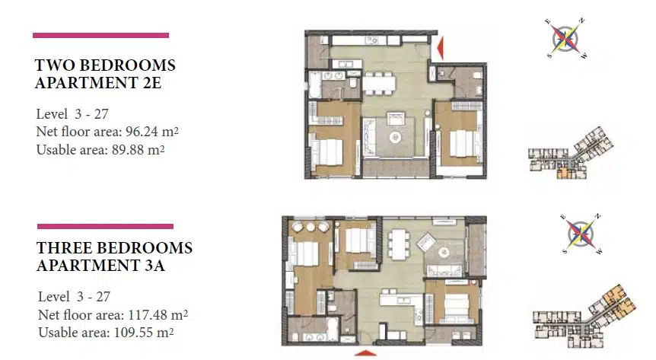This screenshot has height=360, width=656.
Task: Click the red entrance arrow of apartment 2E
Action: pos(440,48)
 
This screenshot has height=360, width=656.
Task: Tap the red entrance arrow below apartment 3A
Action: pos(365,353)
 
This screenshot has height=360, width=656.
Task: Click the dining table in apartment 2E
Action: pos(379,82)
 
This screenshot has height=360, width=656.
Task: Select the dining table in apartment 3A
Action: pos(399,245)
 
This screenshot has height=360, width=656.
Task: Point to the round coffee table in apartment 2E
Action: pos(395,137)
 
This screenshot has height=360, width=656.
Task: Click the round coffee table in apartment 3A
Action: pos(444,253)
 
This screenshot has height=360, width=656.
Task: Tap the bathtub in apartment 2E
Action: pos(315,85)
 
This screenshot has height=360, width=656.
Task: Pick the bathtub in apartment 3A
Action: pos(331,329)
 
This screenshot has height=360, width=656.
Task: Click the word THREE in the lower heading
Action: pos(62,248)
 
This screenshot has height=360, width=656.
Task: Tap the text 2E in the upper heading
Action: pos(152,83)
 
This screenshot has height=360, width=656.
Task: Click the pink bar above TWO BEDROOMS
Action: pos(100,36)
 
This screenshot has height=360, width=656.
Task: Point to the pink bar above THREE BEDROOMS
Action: pos(106,227)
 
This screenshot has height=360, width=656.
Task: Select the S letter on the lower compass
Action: pos(565,251)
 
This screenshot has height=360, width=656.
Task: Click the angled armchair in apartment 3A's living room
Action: pos(426,242)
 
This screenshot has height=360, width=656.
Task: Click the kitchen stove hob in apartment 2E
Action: pos(371,40)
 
